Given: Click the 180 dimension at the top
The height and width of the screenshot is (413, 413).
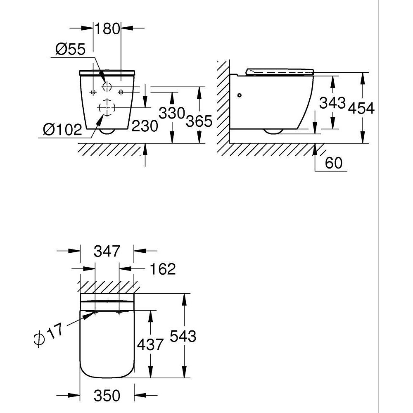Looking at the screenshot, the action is pos(107,28).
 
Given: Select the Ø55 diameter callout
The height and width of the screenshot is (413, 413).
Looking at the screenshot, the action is pos(70,50).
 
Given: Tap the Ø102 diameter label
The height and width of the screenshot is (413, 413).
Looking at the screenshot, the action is pos(63,130).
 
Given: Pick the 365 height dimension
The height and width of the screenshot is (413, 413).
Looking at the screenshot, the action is pos(199,121).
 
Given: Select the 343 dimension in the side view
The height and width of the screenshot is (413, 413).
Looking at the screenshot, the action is pos(332,103).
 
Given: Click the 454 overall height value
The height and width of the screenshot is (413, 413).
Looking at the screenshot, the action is pos(361,108).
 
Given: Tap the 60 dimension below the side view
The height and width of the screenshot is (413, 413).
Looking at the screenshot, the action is pos(334,163).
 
